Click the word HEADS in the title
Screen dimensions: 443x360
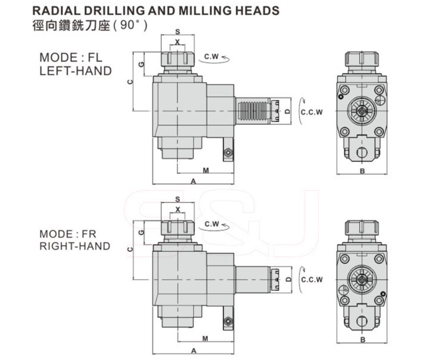257,11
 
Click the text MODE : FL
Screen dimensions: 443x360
71,58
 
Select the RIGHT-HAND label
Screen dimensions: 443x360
75,246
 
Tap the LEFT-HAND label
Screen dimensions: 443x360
76,71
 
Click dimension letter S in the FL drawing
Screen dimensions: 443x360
178,32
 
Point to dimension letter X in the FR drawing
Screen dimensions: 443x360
178,210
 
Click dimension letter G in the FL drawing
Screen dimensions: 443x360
142,64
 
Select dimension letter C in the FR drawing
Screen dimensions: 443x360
130,249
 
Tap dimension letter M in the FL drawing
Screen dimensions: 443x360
206,170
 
